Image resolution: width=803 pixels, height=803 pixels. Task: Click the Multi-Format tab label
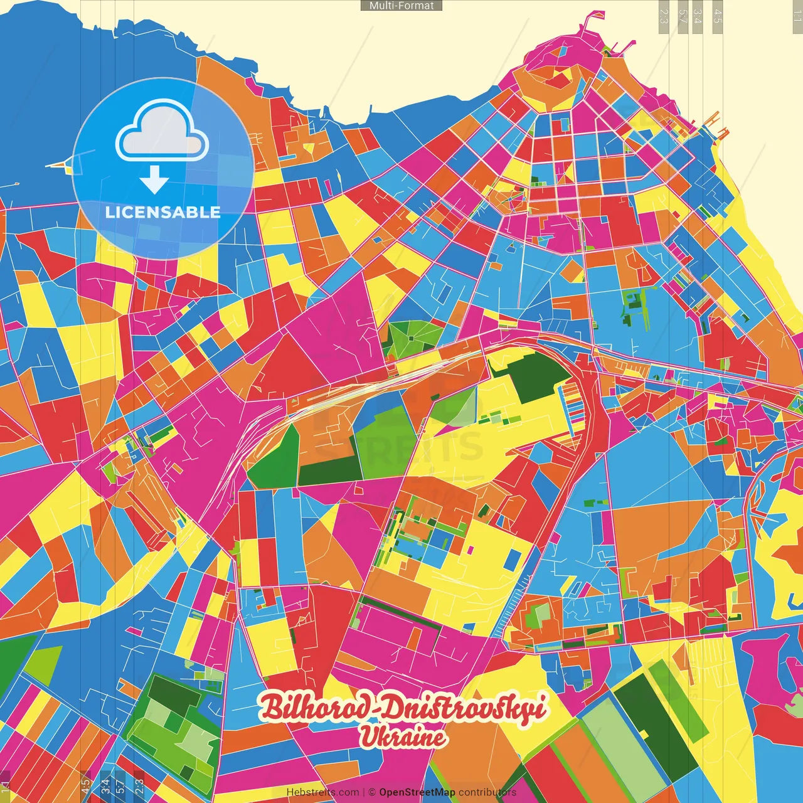click(401, 6)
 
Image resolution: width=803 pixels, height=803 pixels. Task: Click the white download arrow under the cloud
click(154, 179)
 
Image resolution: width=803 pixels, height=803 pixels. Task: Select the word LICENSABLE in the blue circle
click(162, 212)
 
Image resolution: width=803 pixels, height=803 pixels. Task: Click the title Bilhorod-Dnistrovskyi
click(402, 708)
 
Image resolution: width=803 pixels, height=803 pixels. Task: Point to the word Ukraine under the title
click(402, 737)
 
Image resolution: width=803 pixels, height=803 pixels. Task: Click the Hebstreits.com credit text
click(322, 792)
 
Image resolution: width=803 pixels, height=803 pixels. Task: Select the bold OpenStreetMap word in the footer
click(417, 792)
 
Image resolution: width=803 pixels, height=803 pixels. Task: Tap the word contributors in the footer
click(487, 792)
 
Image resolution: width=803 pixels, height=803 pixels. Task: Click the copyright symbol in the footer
click(372, 792)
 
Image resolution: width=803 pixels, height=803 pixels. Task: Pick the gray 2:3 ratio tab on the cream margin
click(664, 13)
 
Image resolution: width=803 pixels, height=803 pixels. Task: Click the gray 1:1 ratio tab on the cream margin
click(797, 13)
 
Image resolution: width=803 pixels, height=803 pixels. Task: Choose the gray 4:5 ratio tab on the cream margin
click(718, 13)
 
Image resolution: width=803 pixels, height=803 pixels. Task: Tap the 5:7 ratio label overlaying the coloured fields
click(119, 784)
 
